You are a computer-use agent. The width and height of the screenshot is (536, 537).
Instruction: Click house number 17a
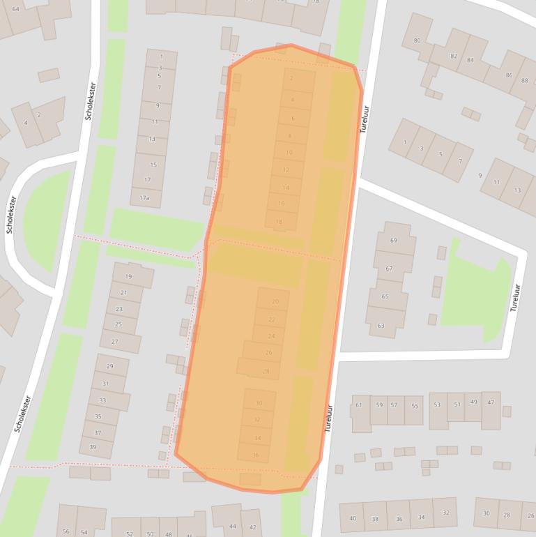click(144, 198)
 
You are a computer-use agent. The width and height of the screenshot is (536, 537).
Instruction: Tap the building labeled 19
click(128, 277)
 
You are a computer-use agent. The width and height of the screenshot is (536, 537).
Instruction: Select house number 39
click(93, 447)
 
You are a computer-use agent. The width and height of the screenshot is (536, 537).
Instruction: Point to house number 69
click(393, 241)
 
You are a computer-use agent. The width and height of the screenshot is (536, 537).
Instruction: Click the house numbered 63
click(381, 326)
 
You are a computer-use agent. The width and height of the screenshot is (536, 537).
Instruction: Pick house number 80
click(417, 40)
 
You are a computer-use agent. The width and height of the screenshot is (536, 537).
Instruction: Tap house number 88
click(524, 81)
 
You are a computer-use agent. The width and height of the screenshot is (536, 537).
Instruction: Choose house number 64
click(15, 9)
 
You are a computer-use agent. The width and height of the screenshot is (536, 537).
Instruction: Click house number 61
click(359, 405)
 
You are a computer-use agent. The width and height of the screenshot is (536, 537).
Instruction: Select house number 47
click(491, 402)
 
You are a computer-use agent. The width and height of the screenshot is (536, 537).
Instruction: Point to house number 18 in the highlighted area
click(280, 222)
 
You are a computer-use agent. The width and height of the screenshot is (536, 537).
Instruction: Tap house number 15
click(153, 165)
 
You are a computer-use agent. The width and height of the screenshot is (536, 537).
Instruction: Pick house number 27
click(115, 342)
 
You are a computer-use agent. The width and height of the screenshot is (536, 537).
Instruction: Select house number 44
click(233, 526)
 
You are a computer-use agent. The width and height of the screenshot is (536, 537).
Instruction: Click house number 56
click(66, 531)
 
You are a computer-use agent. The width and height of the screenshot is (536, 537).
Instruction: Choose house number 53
click(437, 404)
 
